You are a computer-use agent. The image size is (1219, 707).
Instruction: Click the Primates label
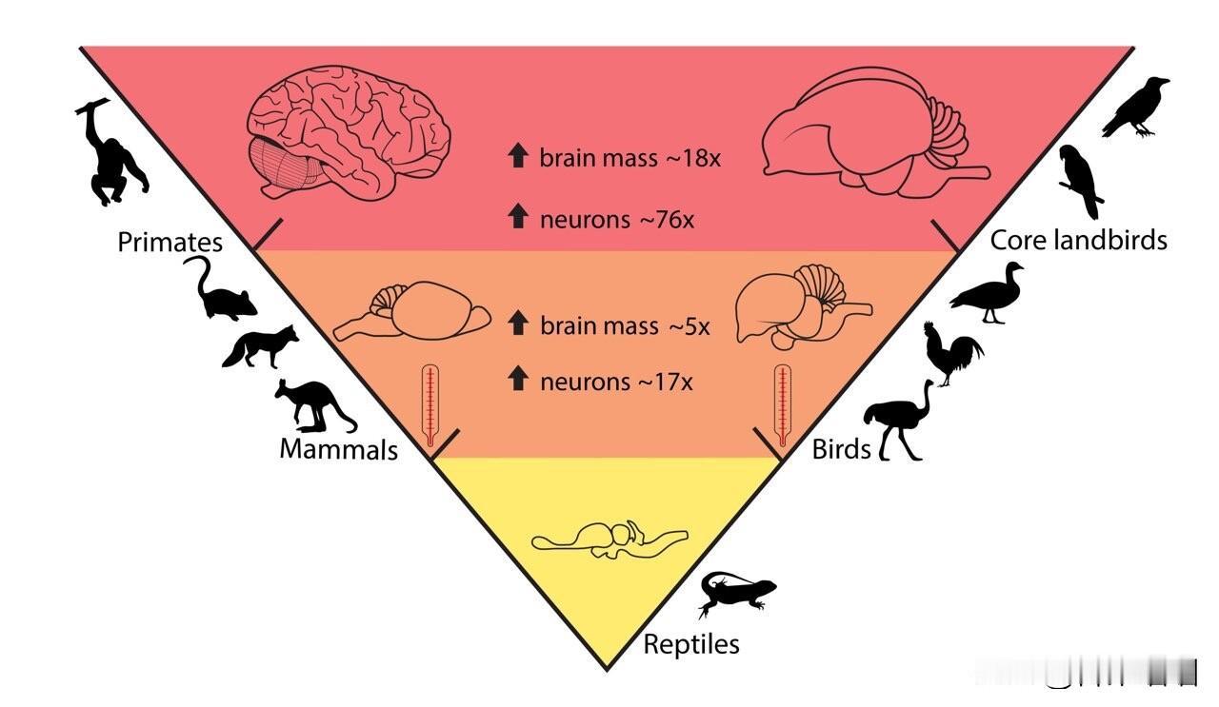click(x=170, y=242)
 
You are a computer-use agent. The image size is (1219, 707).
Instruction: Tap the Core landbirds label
click(x=1078, y=240)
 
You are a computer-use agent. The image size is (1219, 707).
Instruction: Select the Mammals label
click(x=338, y=448)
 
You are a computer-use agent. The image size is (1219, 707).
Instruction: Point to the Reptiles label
click(x=691, y=644)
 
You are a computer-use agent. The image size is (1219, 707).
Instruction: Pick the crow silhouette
click(x=1135, y=107)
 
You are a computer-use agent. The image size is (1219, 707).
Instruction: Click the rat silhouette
click(x=223, y=293)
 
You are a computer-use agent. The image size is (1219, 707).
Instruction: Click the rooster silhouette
click(x=952, y=353)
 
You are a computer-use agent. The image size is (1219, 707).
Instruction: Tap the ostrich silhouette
click(x=898, y=421)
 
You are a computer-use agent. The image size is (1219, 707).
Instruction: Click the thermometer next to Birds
click(x=783, y=405)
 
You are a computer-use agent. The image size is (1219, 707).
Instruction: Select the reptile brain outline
click(x=609, y=540)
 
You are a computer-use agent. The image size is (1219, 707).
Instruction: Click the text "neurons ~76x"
click(x=617, y=219)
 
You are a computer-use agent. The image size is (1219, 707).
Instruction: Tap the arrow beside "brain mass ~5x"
click(x=518, y=324)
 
